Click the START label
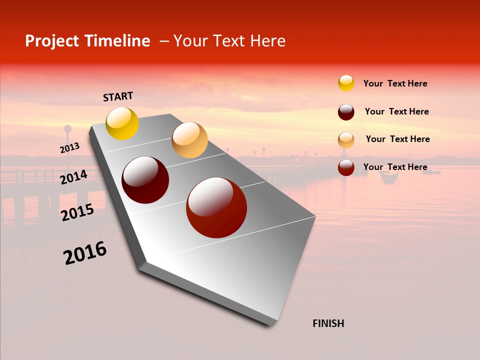pyautogui.click(x=118, y=96)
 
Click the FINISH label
pyautogui.click(x=328, y=323)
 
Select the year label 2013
pyautogui.click(x=69, y=148)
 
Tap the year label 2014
pyautogui.click(x=73, y=177)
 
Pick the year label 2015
pyautogui.click(x=77, y=212)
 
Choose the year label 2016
pyautogui.click(x=85, y=253)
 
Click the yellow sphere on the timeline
pyautogui.click(x=122, y=123)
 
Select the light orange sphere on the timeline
pyautogui.click(x=189, y=140)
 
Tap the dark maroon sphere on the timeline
pyautogui.click(x=145, y=180)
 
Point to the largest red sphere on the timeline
pyautogui.click(x=216, y=207)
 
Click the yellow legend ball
pyautogui.click(x=346, y=83)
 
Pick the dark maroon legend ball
pyautogui.click(x=346, y=112)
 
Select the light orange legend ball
pyautogui.click(x=346, y=140)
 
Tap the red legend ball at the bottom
pyautogui.click(x=346, y=167)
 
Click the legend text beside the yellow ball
pyautogui.click(x=395, y=83)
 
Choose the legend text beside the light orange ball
pyautogui.click(x=397, y=139)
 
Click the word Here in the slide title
pyautogui.click(x=267, y=41)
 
